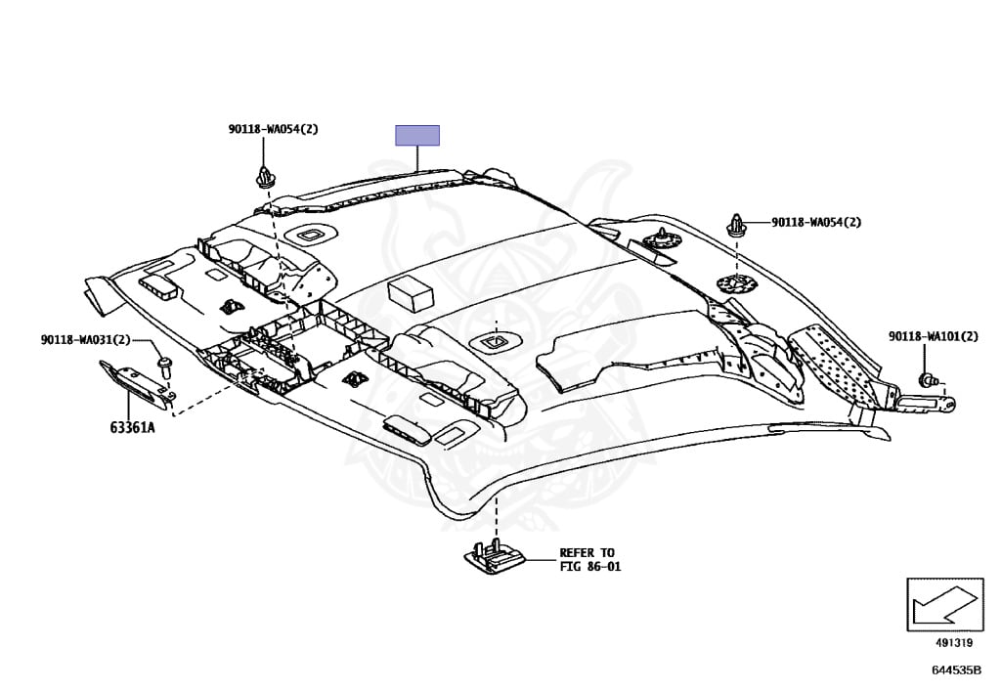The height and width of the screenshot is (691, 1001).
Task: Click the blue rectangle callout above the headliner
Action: (417, 135)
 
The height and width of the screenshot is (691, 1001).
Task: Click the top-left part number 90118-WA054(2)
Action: (274, 129)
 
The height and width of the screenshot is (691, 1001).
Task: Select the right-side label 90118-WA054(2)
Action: (816, 222)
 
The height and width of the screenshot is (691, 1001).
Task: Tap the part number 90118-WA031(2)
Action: (86, 340)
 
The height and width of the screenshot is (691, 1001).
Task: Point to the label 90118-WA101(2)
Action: (934, 336)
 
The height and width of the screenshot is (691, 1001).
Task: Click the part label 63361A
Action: (132, 427)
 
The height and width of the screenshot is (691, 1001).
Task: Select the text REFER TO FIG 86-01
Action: (589, 560)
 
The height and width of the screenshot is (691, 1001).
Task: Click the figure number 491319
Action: (954, 643)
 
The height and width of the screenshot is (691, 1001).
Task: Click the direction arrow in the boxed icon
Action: (944, 605)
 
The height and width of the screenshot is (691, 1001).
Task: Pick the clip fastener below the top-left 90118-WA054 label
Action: (264, 177)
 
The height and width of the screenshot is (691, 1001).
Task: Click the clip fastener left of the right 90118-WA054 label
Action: (736, 225)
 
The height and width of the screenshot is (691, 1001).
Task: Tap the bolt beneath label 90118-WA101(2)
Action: (928, 381)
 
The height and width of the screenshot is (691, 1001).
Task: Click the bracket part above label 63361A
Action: (137, 383)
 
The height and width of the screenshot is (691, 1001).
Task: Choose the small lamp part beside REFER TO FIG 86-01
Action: (495, 558)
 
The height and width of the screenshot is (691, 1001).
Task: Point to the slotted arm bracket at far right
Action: (925, 402)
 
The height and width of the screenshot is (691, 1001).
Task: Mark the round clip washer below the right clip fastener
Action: (736, 282)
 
